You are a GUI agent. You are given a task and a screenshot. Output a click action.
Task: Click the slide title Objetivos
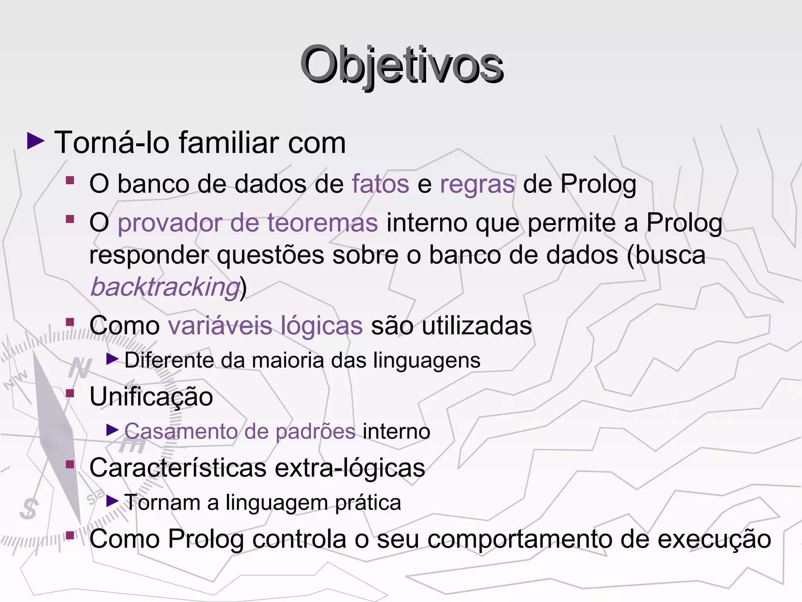pyautogui.click(x=401, y=65)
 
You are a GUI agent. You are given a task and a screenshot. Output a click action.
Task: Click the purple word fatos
pyautogui.click(x=380, y=184)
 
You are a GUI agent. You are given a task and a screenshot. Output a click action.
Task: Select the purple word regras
pyautogui.click(x=477, y=184)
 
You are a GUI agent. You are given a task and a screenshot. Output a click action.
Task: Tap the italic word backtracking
pyautogui.click(x=165, y=287)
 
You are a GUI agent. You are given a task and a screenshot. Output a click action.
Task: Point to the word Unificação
pyautogui.click(x=151, y=396)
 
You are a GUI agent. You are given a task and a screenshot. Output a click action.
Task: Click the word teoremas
pyautogui.click(x=322, y=223)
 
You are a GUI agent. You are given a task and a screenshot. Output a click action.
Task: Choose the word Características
pyautogui.click(x=178, y=468)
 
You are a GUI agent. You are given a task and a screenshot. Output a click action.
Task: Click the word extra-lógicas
pyautogui.click(x=350, y=468)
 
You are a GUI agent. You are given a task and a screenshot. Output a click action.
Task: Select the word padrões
pyautogui.click(x=316, y=432)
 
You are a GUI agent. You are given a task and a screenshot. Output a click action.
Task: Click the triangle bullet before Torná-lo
pyautogui.click(x=36, y=141)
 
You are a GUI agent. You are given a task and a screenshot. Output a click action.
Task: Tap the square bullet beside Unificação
pyautogui.click(x=70, y=393)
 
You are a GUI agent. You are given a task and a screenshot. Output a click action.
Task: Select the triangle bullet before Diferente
pyautogui.click(x=112, y=359)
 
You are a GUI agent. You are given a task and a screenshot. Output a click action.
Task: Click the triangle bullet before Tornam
pyautogui.click(x=112, y=500)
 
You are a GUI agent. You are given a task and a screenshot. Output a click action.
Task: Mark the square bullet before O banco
pyautogui.click(x=70, y=180)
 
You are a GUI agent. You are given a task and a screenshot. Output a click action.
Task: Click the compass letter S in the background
pyautogui.click(x=29, y=509)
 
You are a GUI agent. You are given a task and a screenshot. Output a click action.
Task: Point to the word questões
pyautogui.click(x=271, y=255)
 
